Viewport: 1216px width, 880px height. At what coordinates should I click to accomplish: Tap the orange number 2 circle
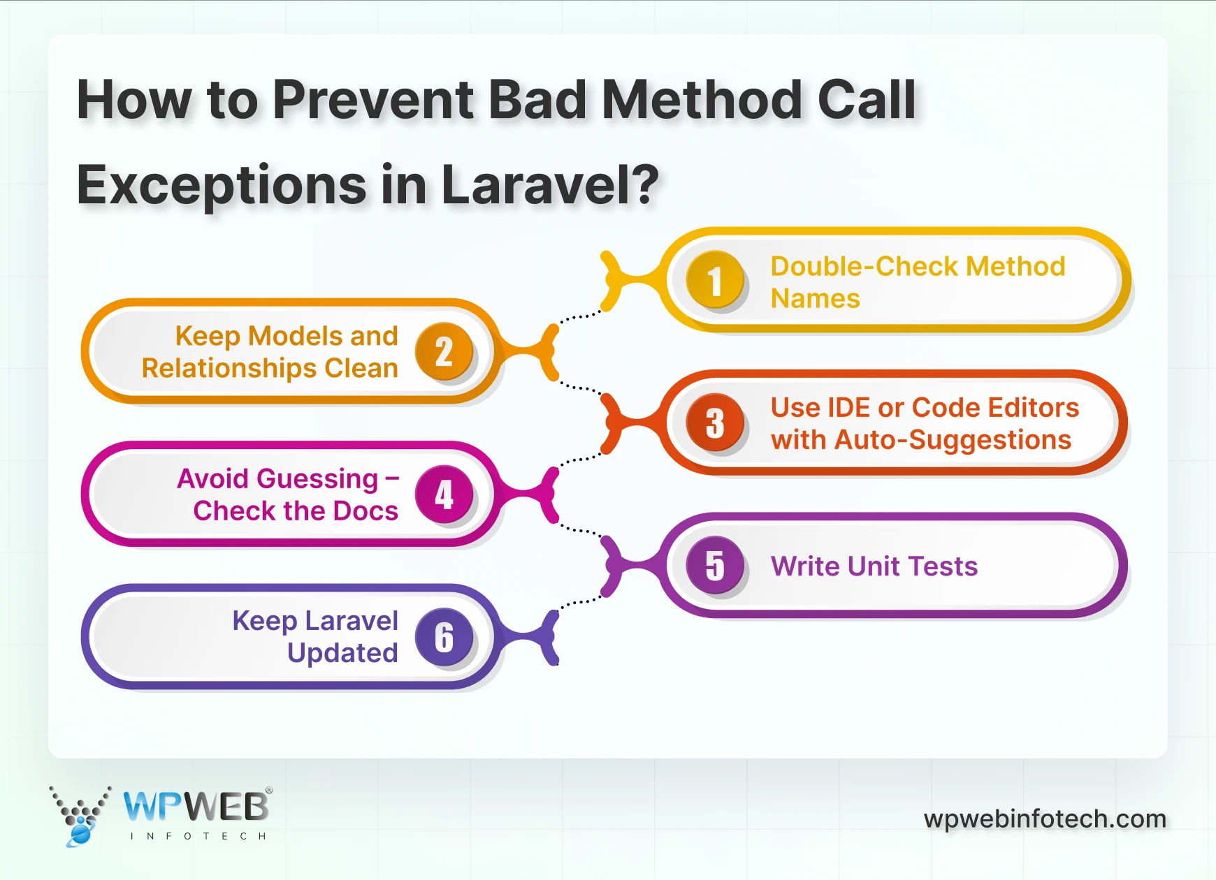click(444, 351)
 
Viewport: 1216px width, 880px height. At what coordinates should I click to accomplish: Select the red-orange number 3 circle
click(715, 423)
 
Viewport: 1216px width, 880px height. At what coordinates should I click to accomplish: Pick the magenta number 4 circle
click(444, 494)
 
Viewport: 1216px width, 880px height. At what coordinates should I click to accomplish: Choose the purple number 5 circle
click(715, 565)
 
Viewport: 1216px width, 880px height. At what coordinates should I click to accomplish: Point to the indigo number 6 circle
click(444, 636)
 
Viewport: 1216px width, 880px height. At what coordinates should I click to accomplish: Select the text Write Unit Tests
click(874, 566)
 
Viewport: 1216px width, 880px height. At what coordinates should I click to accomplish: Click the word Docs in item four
click(365, 511)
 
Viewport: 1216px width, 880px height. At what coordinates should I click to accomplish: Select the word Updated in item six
click(342, 653)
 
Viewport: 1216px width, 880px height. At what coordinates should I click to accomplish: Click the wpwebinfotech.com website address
click(1045, 819)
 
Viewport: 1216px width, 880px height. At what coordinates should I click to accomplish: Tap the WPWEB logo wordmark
click(196, 807)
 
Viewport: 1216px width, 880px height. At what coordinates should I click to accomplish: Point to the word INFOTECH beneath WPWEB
click(198, 836)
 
